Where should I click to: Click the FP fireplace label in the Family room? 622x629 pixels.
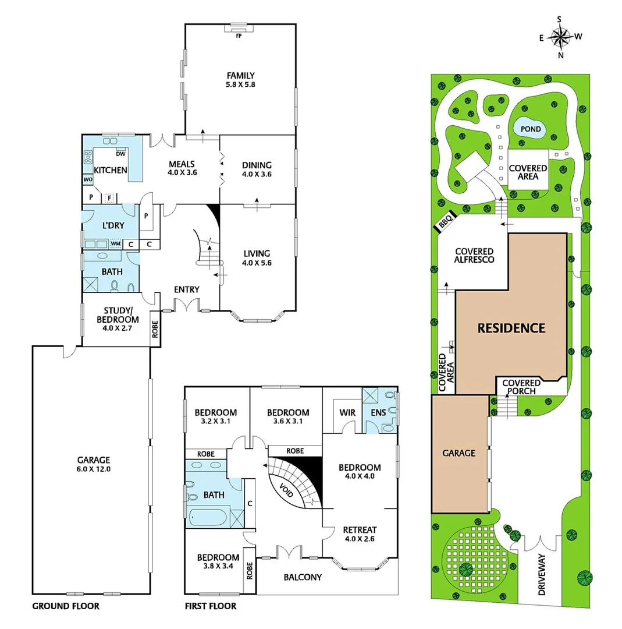pos(239,36)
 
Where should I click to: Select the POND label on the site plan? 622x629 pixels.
pos(530,129)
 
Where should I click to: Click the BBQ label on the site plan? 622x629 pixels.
pos(446,222)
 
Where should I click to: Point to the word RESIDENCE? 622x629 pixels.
pos(511,328)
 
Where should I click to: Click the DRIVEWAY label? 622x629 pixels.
pos(542,574)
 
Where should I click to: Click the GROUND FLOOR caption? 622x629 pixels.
pos(65,606)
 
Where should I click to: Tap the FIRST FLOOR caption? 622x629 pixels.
pos(210,606)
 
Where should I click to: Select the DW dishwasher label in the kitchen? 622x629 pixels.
pos(121,154)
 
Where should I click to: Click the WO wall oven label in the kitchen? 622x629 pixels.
pos(88,179)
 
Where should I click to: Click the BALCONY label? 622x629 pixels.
pos(303,577)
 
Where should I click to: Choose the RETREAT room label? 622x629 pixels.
pos(360,530)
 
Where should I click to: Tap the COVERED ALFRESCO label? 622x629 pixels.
pos(474,255)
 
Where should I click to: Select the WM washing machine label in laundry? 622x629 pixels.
pos(116,244)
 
